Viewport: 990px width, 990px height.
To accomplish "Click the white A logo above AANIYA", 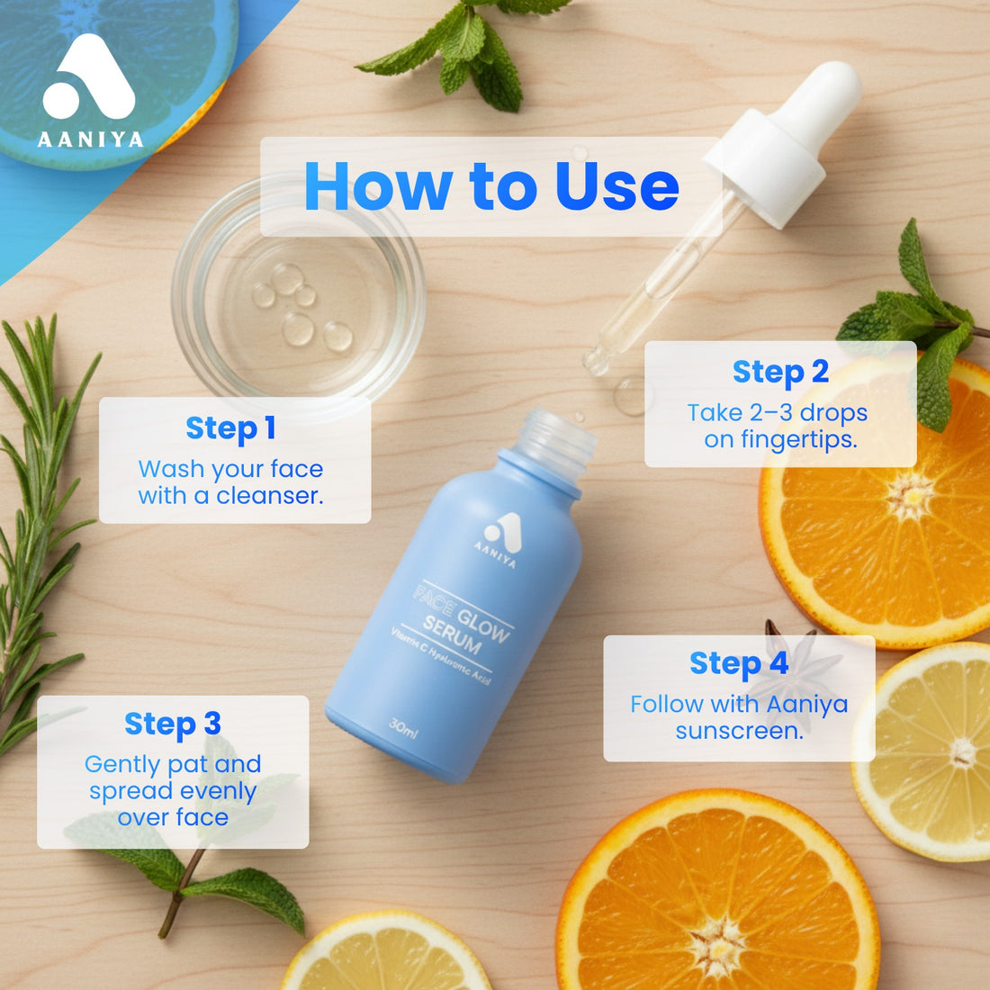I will [x=88, y=79].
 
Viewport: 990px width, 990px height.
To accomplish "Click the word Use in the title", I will [x=616, y=187].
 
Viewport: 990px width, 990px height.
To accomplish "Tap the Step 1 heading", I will [x=230, y=428].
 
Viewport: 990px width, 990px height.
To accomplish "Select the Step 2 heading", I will [x=779, y=372].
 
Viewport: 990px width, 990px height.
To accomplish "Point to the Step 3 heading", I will [x=172, y=724].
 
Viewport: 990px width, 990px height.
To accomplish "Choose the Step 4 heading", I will [x=739, y=663].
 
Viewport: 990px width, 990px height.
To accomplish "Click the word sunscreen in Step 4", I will [x=739, y=731].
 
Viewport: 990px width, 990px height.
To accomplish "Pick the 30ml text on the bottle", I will [x=403, y=724].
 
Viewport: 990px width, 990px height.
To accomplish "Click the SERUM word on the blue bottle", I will [x=453, y=634].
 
